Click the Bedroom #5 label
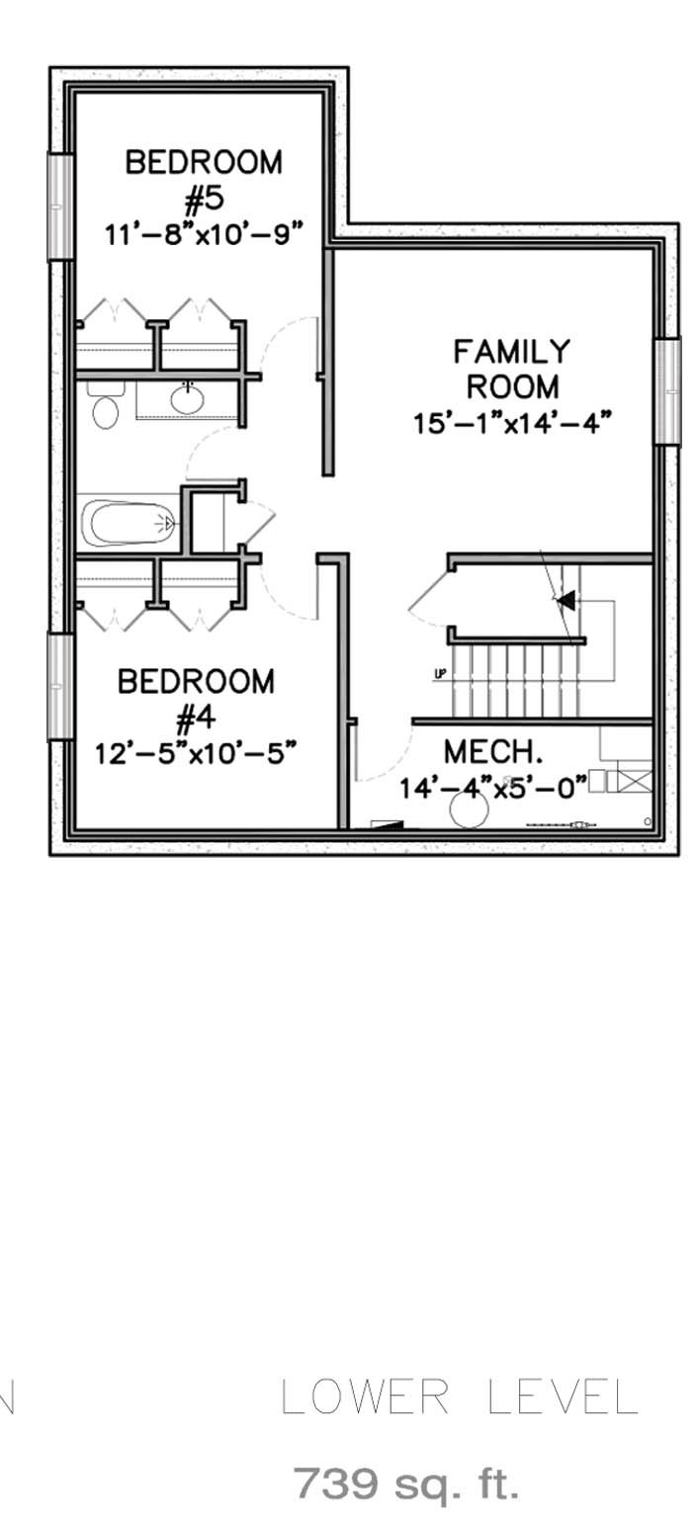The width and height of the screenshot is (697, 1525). coord(203,181)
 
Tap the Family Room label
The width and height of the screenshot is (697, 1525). coord(512,369)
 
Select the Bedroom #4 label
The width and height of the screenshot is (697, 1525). coord(196,699)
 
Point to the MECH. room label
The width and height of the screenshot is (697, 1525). coord(493,751)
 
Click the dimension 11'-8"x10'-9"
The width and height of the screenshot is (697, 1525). coord(203,233)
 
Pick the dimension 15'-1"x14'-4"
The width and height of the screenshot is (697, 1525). coord(510,423)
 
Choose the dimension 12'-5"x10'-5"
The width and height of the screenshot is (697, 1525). coord(196,753)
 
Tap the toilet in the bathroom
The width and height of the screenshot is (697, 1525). coord(105,404)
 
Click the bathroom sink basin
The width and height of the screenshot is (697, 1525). coord(187,399)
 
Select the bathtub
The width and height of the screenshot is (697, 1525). coord(130,523)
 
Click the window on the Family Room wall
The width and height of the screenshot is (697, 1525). coord(667,390)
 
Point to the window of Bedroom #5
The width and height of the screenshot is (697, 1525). coord(60,207)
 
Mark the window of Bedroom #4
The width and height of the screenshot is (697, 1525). coord(60,686)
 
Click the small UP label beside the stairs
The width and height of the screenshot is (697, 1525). coord(440,675)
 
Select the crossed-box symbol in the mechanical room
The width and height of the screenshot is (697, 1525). coord(635,780)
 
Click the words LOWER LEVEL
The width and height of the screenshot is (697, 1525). coord(459,1397)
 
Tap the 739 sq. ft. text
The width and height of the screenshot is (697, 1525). coord(406,1483)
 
